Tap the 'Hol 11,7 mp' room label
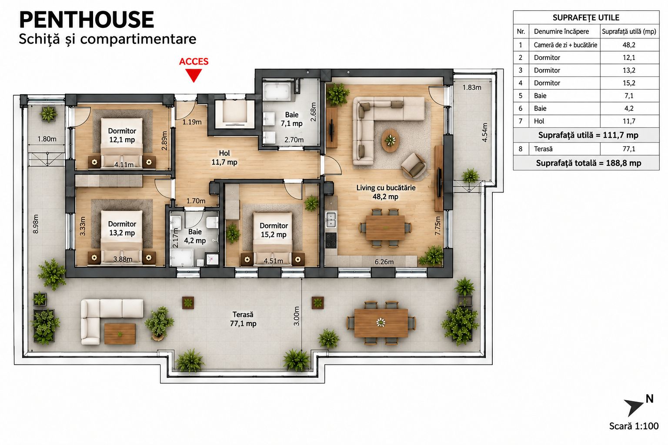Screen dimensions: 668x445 pos(224,158)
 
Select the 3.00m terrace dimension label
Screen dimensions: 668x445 pos(297,316)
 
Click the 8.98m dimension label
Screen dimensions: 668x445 pos(36,224)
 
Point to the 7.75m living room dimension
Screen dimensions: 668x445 pos(438,226)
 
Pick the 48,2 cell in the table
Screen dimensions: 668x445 pos(629,45)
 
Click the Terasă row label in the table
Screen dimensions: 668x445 pos(543,149)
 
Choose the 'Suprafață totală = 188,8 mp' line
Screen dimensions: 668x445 pos(588,163)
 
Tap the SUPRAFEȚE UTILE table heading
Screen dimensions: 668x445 pos(586,17)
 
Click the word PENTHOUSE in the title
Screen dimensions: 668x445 pos(87,20)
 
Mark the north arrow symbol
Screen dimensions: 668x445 pos(634,408)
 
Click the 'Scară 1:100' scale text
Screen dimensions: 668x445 pos(634,426)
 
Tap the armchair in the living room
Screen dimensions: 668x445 pos(414,166)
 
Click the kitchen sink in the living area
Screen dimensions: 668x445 pos(331,219)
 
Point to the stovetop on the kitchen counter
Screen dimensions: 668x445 pos(331,240)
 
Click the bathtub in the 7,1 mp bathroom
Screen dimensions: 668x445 pos(277,92)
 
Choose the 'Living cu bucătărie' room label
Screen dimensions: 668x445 pos(386,188)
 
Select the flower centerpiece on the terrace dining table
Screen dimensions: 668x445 pos(381,322)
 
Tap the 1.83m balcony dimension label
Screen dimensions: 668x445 pos(472,87)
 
